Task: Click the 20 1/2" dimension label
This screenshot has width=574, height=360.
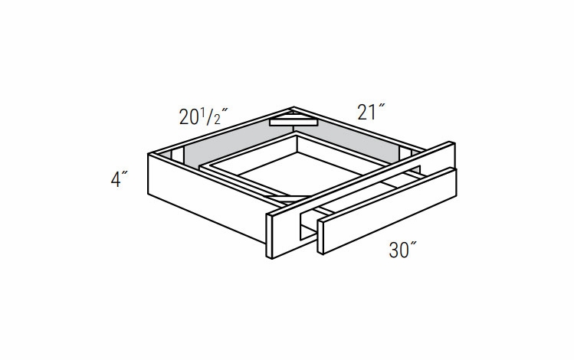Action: [204, 117]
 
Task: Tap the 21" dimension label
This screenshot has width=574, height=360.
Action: [372, 113]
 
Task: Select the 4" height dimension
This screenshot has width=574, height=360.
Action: [120, 179]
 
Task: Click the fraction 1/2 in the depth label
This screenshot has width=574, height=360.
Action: [212, 116]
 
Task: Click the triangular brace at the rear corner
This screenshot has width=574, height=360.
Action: [292, 120]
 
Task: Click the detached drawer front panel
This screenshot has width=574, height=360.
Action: [387, 211]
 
